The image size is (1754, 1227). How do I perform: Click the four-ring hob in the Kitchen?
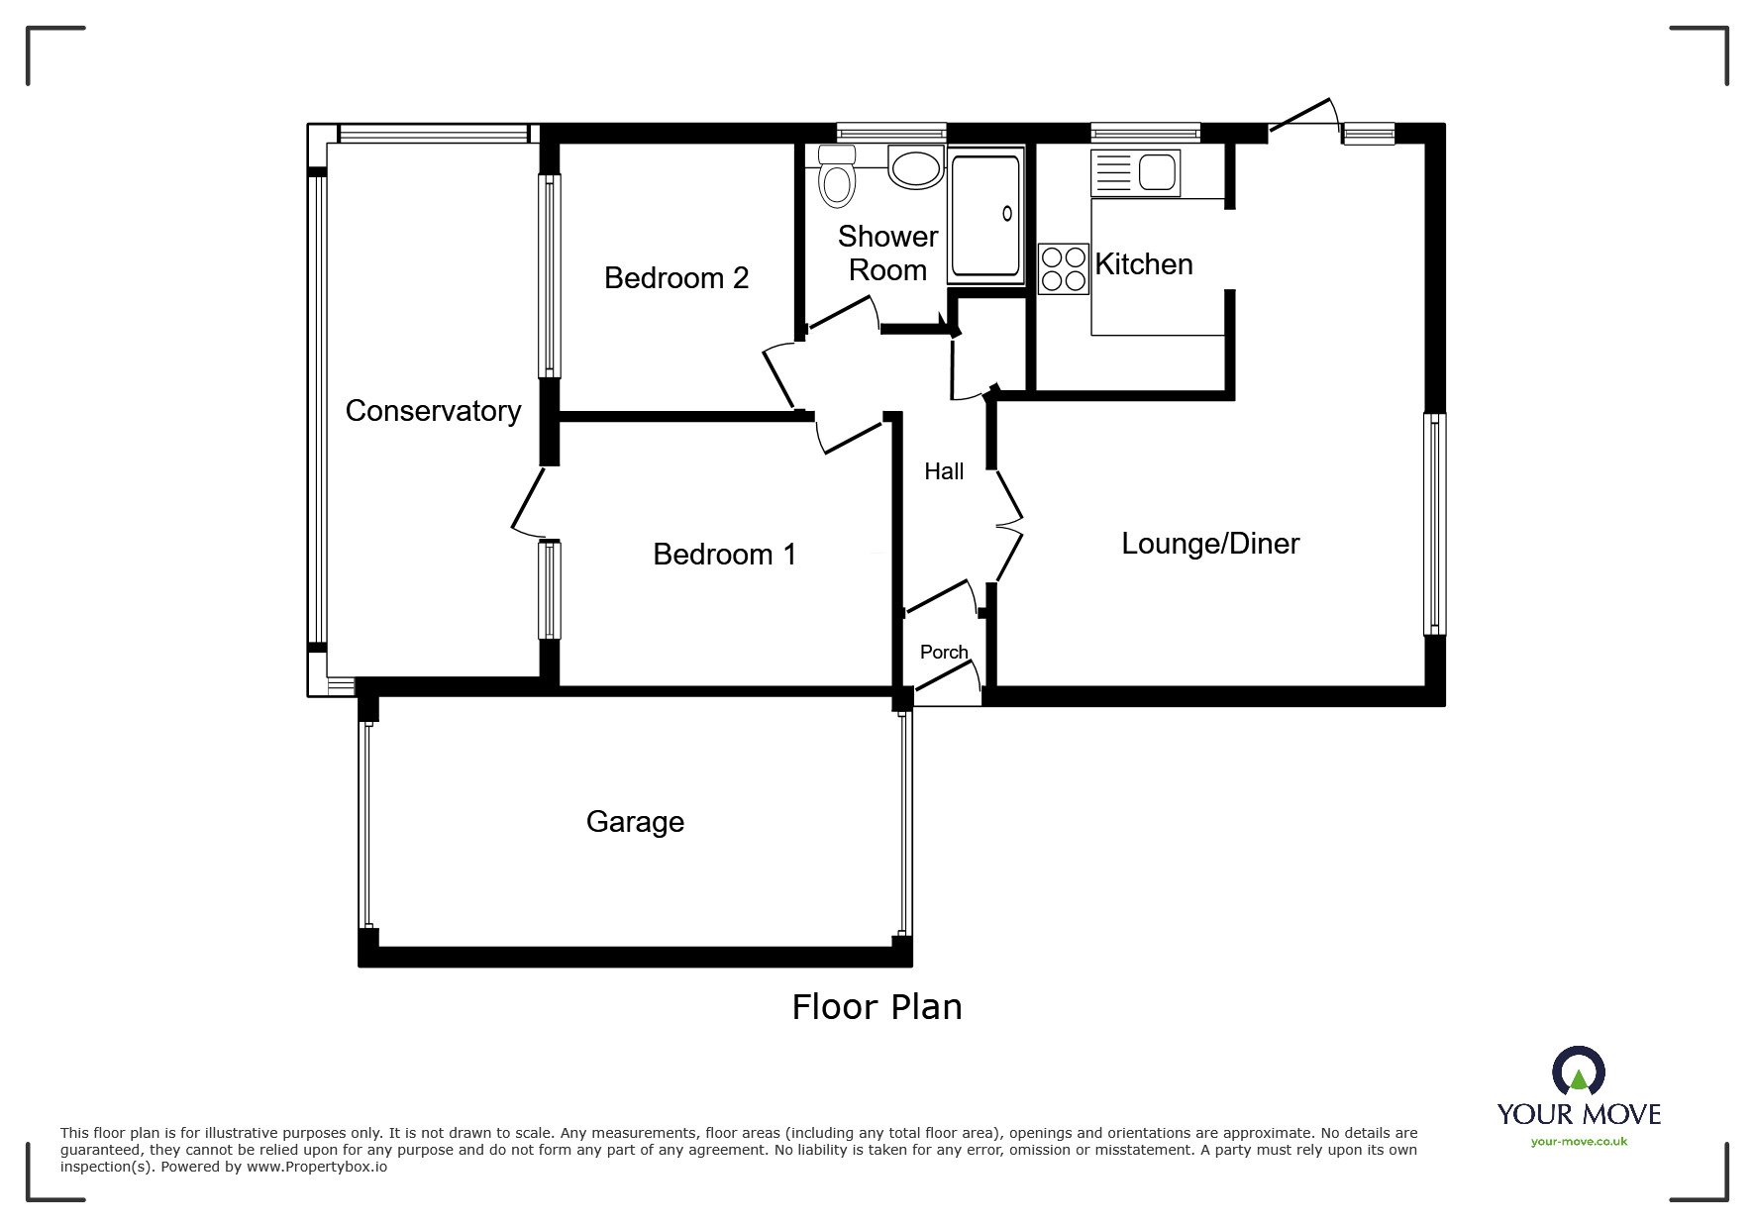(1063, 268)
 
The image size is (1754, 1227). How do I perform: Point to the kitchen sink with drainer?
(1135, 173)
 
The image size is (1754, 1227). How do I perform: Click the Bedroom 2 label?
(676, 278)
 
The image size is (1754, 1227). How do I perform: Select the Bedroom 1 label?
(725, 555)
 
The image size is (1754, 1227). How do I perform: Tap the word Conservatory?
(433, 411)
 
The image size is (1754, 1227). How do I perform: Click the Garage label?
(635, 822)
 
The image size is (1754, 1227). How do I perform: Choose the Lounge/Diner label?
(1210, 544)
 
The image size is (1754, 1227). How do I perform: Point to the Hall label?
(944, 471)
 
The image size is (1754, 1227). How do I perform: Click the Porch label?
(944, 652)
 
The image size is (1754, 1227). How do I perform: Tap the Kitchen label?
(1144, 264)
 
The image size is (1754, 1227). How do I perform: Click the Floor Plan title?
(877, 1007)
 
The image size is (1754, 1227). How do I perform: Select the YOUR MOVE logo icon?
(1579, 1072)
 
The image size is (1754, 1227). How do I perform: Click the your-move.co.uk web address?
(1579, 1142)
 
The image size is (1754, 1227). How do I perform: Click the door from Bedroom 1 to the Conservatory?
(528, 503)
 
